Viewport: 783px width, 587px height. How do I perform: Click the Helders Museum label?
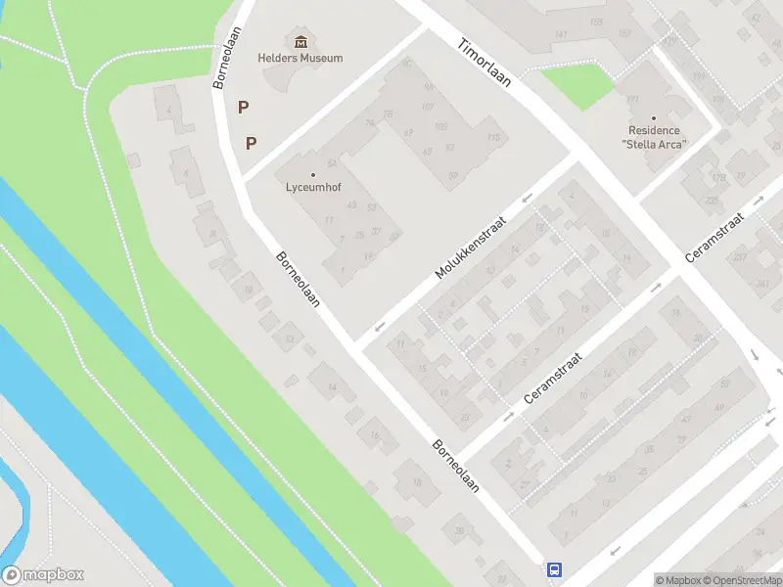(300, 58)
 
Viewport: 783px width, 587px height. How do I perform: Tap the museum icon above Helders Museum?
(300, 40)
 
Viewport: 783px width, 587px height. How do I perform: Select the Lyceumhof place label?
(313, 187)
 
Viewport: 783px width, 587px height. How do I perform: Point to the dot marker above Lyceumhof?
(313, 175)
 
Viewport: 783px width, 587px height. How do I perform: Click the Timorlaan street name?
(484, 63)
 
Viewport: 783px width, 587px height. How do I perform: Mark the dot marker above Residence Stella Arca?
(655, 118)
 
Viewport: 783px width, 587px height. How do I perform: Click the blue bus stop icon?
(554, 569)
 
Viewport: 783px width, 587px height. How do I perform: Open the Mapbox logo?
(43, 575)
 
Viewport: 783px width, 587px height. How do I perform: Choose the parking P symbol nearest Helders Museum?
(243, 107)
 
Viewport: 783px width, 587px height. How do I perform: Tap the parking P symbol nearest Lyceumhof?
(252, 143)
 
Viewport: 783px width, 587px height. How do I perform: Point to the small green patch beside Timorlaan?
(577, 85)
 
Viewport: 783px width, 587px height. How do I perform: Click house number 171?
(632, 100)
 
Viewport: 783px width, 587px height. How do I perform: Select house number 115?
(493, 138)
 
